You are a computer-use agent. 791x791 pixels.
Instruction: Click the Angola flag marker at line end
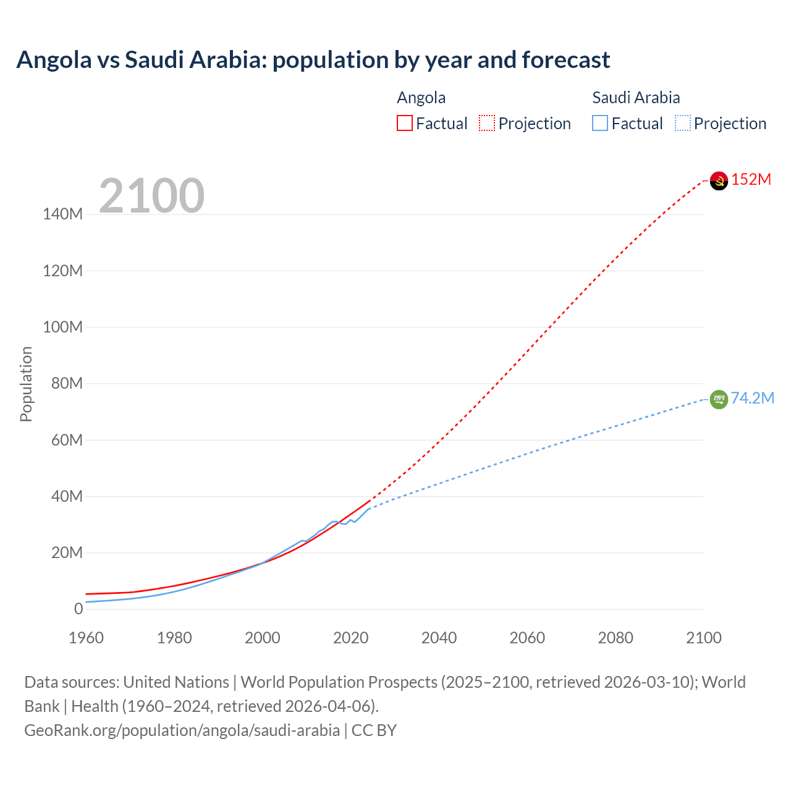tap(719, 180)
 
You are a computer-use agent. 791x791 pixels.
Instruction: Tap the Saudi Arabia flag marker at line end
tap(719, 399)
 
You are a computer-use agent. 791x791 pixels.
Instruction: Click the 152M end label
tap(751, 180)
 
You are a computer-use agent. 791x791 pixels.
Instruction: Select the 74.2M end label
tap(752, 398)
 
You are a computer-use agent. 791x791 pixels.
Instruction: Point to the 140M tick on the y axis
tap(62, 214)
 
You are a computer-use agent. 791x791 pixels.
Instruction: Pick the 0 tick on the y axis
tap(78, 609)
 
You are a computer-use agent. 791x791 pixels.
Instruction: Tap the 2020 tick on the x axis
tap(350, 638)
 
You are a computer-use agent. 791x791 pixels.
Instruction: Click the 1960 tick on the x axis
tap(86, 638)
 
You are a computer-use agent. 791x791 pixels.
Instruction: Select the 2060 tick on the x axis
tap(527, 638)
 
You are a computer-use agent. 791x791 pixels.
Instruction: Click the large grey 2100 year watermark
tap(151, 196)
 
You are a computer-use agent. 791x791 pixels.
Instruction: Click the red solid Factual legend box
tap(405, 124)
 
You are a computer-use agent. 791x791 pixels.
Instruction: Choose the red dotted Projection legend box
tap(487, 124)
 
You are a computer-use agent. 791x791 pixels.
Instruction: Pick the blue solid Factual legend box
tap(600, 124)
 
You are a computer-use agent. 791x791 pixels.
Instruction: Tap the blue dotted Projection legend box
tap(682, 124)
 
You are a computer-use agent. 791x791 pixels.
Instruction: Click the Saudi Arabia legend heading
tap(636, 98)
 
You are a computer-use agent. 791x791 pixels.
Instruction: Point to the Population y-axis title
tap(26, 384)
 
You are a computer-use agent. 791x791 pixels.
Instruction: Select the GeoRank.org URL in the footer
tap(182, 730)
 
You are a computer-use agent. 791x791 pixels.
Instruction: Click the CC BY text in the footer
tap(374, 730)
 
